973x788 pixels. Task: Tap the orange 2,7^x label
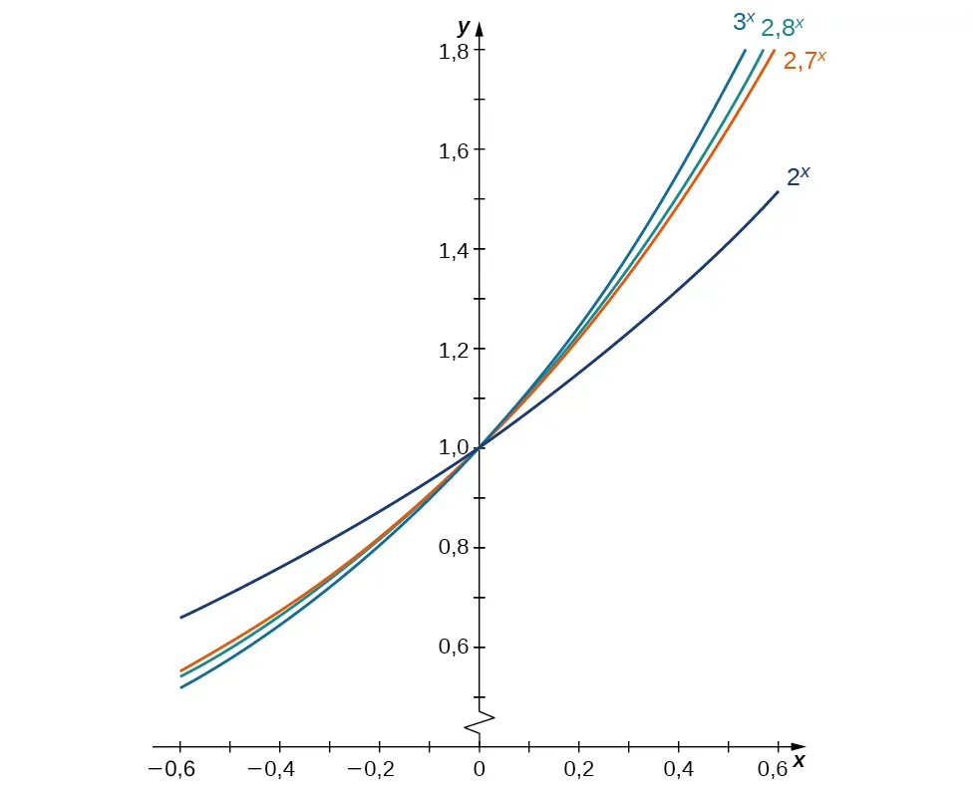(805, 60)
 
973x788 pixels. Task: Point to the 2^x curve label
(799, 177)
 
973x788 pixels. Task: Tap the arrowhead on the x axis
(798, 745)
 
